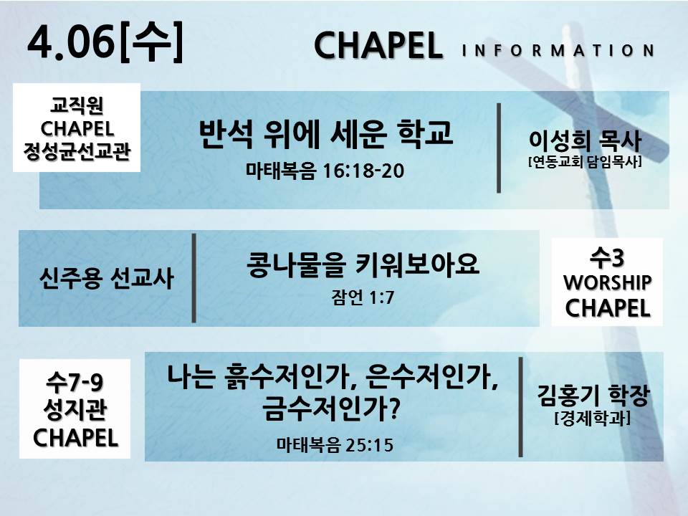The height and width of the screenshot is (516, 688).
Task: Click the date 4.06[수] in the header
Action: [105, 42]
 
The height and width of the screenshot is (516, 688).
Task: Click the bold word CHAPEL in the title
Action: [378, 46]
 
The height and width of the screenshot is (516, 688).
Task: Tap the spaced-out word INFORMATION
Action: [558, 50]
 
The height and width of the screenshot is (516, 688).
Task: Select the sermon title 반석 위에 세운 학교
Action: [325, 133]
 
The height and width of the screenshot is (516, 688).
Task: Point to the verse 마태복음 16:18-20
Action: [325, 171]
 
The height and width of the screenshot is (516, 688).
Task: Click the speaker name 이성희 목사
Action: [585, 140]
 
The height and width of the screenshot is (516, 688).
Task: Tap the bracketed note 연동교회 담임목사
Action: [585, 162]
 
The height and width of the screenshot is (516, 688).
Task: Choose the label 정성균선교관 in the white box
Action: [77, 151]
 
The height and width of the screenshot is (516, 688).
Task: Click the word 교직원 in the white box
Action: [77, 105]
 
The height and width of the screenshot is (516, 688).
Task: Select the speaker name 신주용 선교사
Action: [107, 278]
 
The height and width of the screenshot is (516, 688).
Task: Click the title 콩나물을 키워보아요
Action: [363, 264]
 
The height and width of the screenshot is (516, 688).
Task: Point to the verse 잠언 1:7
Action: [363, 297]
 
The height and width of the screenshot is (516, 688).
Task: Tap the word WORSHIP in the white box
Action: [607, 282]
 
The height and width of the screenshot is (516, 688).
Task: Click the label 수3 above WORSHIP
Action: [607, 257]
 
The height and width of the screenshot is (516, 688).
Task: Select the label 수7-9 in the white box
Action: [75, 382]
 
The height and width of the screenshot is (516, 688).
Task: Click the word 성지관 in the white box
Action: [75, 409]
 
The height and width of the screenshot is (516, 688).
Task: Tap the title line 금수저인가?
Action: [332, 408]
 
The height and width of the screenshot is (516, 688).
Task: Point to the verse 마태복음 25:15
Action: [335, 445]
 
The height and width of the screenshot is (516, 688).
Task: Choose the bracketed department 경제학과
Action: [593, 418]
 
